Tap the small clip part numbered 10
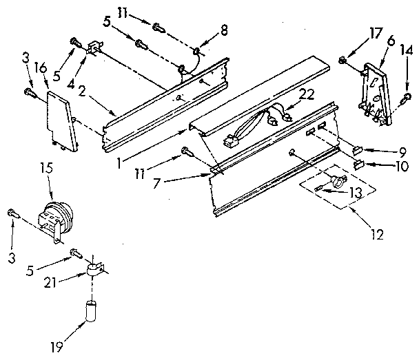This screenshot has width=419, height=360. tap(358, 164)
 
